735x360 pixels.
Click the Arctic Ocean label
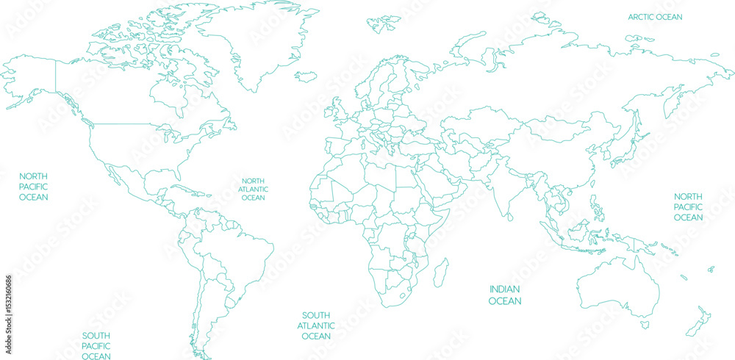[655, 17]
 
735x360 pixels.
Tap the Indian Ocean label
[505, 295]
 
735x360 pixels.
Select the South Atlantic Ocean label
[316, 325]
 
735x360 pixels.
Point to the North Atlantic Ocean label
[253, 189]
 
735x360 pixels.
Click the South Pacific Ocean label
[96, 346]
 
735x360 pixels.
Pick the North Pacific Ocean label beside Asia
[688, 207]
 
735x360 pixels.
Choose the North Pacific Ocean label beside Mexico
[34, 187]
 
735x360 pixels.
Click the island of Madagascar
[441, 273]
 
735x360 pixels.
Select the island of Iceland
[306, 75]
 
